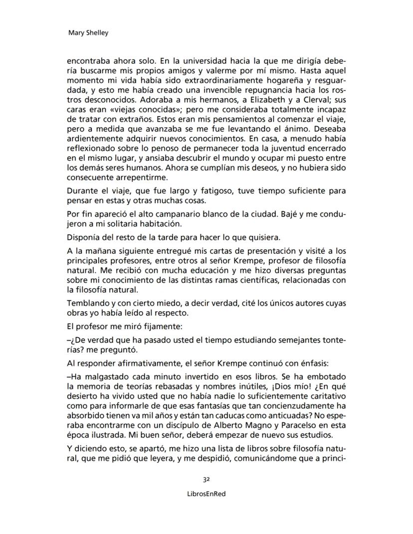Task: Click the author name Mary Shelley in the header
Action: pyautogui.click(x=88, y=33)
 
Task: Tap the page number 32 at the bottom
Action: pyautogui.click(x=206, y=479)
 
